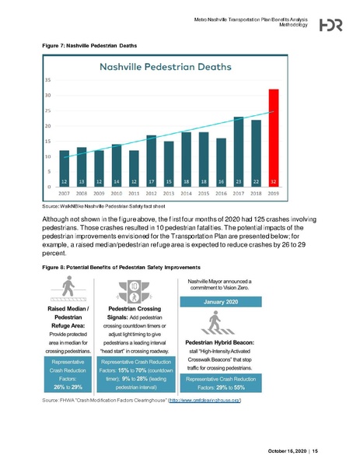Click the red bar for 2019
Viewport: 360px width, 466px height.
coord(274,137)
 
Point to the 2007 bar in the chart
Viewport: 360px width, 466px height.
coord(64,167)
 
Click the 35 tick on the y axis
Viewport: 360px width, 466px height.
coord(49,79)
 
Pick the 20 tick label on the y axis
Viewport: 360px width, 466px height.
coord(49,125)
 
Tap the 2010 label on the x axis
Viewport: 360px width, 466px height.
coord(117,193)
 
